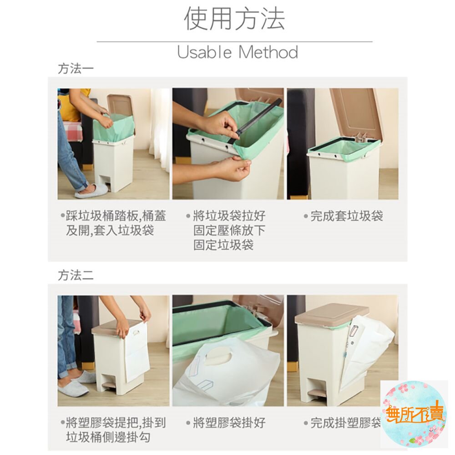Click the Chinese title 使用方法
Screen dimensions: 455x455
click(234, 19)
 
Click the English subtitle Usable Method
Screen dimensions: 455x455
click(238, 52)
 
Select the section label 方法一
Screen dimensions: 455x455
click(76, 69)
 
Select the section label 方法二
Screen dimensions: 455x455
click(76, 276)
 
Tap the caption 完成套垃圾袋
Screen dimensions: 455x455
click(346, 216)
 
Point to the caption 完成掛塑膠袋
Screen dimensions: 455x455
click(346, 423)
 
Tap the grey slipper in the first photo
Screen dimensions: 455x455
click(91, 191)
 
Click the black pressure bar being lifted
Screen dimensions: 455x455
click(259, 119)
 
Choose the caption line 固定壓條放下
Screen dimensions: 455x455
click(229, 231)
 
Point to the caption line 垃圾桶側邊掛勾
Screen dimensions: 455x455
click(108, 438)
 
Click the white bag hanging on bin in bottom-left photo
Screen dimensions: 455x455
click(136, 350)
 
